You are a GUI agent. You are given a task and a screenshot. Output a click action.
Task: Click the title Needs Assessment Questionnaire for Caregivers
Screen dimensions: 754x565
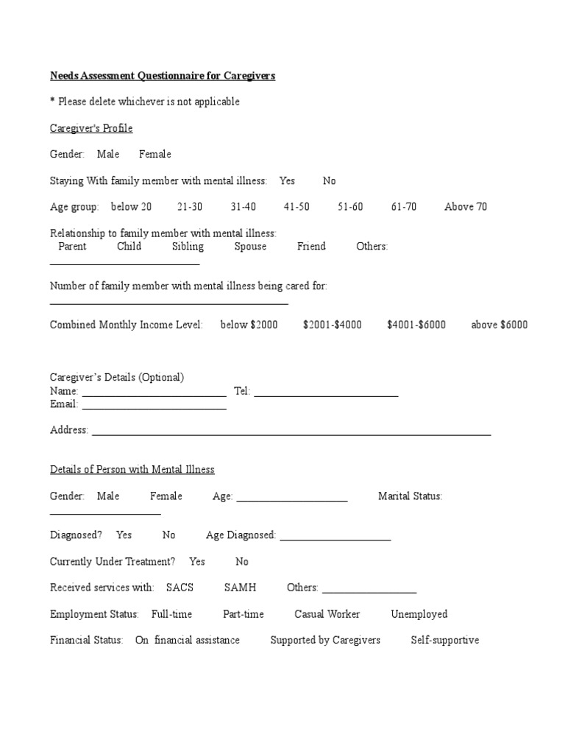point(162,76)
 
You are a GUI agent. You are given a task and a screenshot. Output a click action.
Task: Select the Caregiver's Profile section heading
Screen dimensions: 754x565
point(91,128)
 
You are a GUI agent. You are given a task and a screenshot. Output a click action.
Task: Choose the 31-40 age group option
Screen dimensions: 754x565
point(244,207)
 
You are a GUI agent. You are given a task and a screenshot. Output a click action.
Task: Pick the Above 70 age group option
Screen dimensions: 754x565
point(465,207)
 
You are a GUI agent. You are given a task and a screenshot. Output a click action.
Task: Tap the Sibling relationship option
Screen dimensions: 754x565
point(188,247)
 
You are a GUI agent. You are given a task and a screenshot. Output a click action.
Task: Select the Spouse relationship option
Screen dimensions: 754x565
point(250,247)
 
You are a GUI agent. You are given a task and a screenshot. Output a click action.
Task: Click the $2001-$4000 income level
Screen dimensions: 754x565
point(332,325)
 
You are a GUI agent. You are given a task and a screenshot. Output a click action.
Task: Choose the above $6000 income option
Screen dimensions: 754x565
point(499,325)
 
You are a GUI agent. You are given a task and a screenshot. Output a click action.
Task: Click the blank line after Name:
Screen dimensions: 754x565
point(154,392)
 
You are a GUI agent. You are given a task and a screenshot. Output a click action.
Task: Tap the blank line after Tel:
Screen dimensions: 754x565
point(326,392)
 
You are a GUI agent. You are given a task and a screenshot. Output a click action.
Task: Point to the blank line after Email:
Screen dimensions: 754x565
point(154,406)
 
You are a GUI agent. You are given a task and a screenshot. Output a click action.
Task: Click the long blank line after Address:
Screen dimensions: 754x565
point(291,431)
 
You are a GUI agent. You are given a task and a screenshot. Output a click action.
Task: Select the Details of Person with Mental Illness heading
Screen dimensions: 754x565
point(132,470)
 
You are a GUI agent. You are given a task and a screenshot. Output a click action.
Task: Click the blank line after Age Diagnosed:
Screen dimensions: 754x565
point(335,537)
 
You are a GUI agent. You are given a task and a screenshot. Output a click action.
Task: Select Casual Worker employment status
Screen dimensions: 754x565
point(327,614)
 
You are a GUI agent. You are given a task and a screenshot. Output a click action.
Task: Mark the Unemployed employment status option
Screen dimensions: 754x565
point(419,614)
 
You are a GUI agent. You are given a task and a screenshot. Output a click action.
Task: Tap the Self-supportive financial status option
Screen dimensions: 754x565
point(444,641)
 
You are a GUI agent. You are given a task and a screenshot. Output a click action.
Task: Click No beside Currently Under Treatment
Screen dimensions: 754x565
point(242,562)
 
